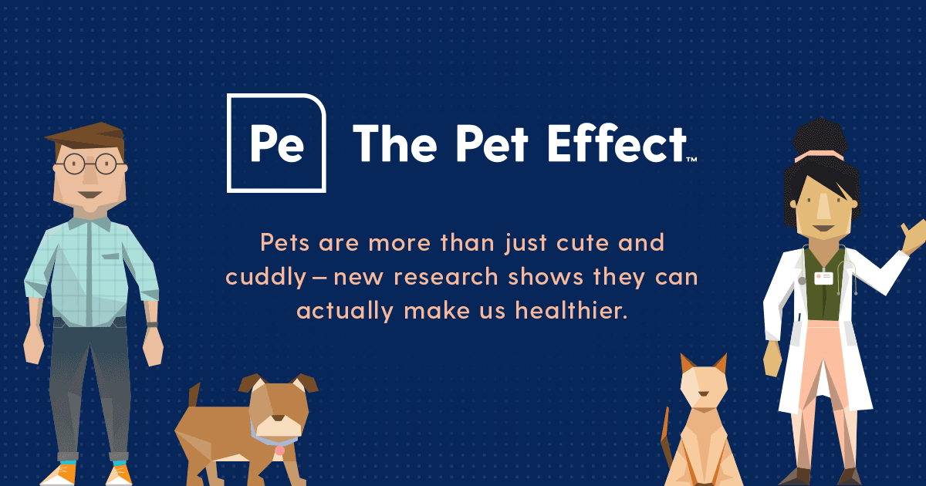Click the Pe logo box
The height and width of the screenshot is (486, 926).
[276, 143]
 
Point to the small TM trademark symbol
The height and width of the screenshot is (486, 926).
[691, 160]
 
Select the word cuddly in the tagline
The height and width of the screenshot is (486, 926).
[265, 278]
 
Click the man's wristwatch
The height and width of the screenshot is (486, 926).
[152, 324]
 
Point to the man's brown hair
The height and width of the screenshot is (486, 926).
[85, 135]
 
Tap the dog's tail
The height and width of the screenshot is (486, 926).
[192, 395]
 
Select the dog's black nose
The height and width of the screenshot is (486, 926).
[272, 417]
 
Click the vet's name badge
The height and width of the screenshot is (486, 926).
[824, 278]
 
